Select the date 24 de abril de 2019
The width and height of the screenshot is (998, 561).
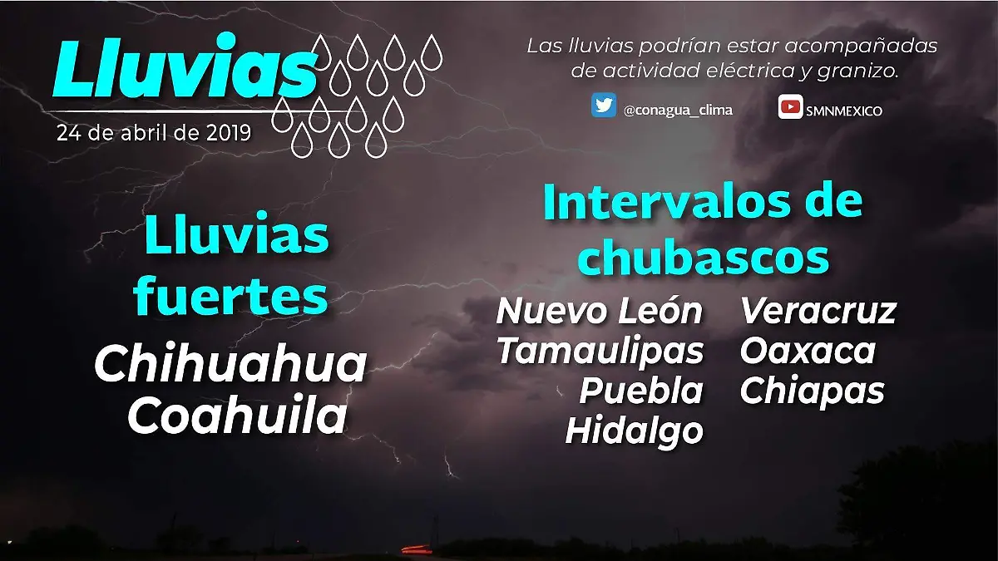pyautogui.click(x=154, y=133)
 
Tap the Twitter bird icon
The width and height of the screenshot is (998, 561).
pyautogui.click(x=604, y=106)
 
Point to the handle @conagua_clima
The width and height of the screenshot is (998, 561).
pyautogui.click(x=678, y=110)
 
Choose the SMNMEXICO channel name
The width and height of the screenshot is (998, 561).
pyautogui.click(x=843, y=111)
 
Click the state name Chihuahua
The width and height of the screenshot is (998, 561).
pyautogui.click(x=230, y=365)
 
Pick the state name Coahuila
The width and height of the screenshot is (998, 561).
pyautogui.click(x=237, y=416)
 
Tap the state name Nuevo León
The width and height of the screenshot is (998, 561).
pyautogui.click(x=600, y=312)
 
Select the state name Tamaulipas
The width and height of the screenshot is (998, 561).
pyautogui.click(x=600, y=352)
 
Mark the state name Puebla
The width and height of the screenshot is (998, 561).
pyautogui.click(x=641, y=391)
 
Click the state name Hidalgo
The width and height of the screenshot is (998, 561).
pyautogui.click(x=634, y=431)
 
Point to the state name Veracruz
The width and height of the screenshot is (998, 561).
pyautogui.click(x=818, y=312)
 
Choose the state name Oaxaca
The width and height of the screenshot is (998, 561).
pyautogui.click(x=808, y=352)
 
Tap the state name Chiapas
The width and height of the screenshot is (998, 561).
pyautogui.click(x=812, y=391)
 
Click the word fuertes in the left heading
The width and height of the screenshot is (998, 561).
pyautogui.click(x=231, y=298)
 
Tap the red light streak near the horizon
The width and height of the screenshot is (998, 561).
pyautogui.click(x=416, y=549)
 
